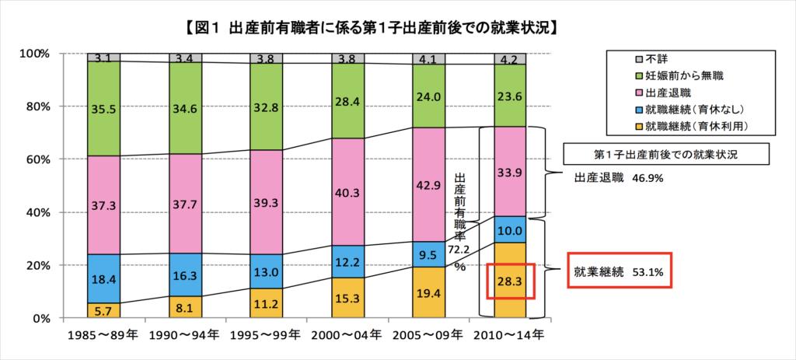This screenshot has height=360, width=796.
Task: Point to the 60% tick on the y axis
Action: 35,159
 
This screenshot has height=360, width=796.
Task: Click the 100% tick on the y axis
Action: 33,54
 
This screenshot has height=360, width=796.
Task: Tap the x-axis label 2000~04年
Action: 346,337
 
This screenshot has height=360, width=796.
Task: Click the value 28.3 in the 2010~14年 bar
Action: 509,281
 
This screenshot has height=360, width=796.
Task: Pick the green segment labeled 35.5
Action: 103,109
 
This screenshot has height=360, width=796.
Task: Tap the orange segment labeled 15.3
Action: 346,298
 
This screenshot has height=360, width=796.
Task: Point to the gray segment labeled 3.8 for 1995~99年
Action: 265,58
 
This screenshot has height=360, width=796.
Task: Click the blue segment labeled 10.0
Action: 509,229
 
